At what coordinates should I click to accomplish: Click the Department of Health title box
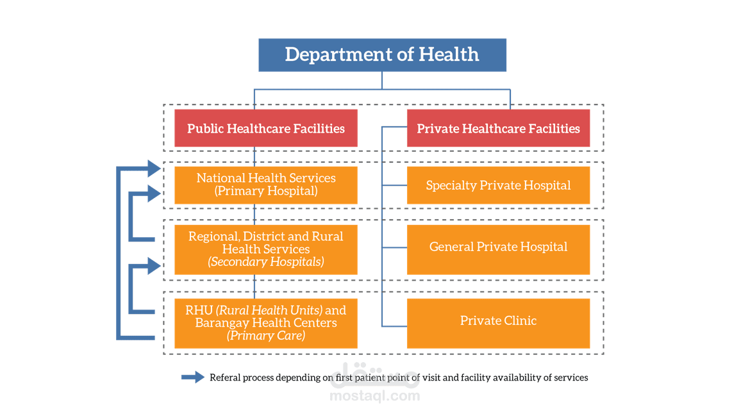(x=382, y=54)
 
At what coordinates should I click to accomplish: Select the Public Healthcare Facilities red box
(x=265, y=129)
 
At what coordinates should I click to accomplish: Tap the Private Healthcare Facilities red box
(x=498, y=129)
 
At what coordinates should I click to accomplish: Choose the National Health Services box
(x=265, y=185)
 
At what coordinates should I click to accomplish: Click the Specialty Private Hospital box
(x=498, y=185)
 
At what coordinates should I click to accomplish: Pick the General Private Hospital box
(x=498, y=247)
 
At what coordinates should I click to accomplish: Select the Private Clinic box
(x=498, y=320)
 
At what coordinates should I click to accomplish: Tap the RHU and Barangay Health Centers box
(x=265, y=323)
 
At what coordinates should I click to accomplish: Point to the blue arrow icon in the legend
(x=193, y=377)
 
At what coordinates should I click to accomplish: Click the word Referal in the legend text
(x=224, y=377)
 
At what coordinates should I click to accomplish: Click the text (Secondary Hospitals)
(x=265, y=261)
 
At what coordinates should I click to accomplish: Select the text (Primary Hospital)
(x=265, y=191)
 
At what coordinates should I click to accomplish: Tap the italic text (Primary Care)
(x=265, y=335)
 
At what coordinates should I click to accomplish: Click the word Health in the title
(x=449, y=54)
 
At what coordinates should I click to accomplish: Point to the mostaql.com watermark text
(x=375, y=395)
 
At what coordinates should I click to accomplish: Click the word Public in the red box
(x=204, y=129)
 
